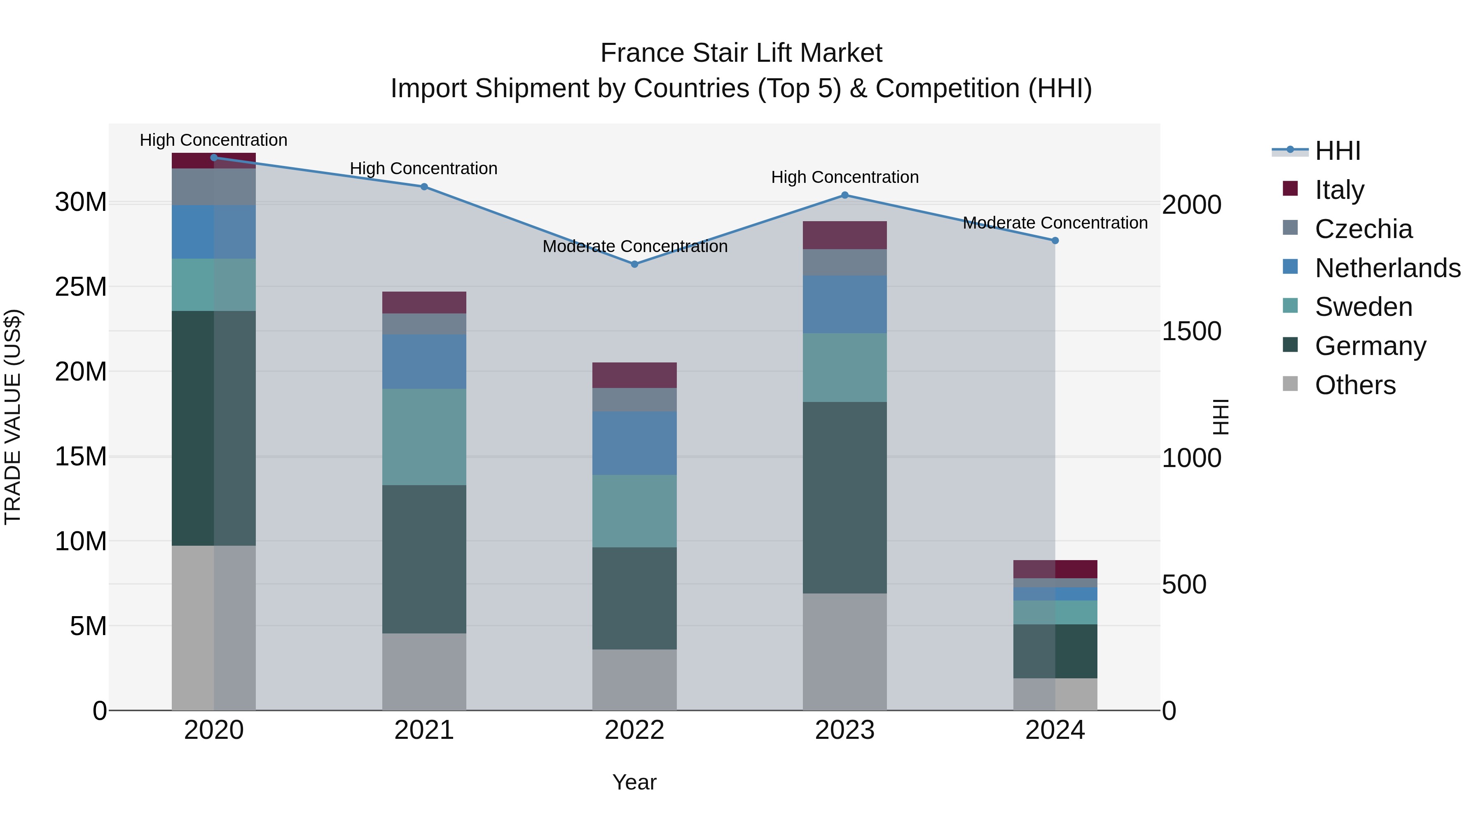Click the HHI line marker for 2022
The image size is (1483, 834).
(x=634, y=264)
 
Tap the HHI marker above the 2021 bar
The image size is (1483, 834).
(x=424, y=187)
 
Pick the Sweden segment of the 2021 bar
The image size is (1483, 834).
(x=424, y=437)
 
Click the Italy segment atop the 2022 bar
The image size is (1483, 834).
(x=634, y=375)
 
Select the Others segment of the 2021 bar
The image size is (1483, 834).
(x=424, y=672)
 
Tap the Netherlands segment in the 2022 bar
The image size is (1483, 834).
(x=634, y=443)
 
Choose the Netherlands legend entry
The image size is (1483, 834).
(x=1387, y=268)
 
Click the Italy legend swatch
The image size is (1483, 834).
(x=1290, y=189)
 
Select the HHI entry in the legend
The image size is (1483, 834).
(x=1337, y=151)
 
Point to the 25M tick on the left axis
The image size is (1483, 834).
(x=81, y=287)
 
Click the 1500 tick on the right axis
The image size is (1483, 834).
(x=1191, y=331)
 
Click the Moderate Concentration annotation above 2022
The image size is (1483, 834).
(x=634, y=246)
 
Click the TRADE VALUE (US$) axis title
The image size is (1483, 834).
(x=13, y=417)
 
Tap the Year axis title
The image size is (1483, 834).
(x=634, y=782)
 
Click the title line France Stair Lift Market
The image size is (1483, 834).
(x=741, y=53)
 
